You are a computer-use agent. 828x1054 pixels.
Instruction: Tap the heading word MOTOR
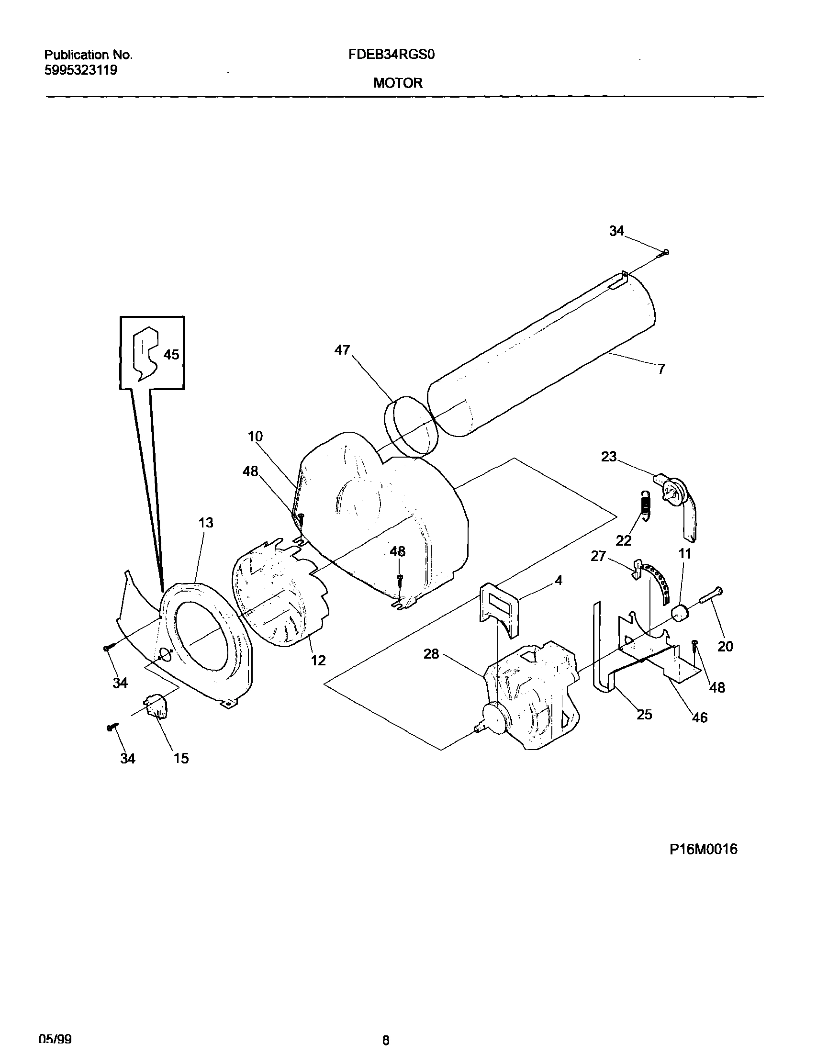click(398, 83)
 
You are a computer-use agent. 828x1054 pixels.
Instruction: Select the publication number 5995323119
click(81, 70)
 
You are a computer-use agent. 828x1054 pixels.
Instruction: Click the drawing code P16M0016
click(704, 849)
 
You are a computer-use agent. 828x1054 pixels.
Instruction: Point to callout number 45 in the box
click(171, 355)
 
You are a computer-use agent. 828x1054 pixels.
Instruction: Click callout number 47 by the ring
click(342, 350)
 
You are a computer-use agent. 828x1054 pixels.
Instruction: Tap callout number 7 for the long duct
click(662, 369)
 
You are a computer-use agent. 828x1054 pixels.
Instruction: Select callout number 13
click(205, 523)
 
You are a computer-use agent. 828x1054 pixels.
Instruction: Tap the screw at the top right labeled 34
click(665, 252)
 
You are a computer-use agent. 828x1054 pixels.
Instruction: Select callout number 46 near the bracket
click(700, 717)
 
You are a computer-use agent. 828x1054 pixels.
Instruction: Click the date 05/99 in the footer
click(55, 1039)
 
